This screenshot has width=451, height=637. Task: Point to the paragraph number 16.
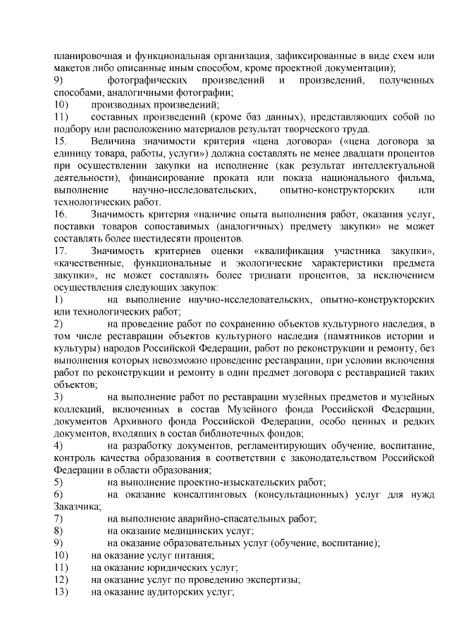pos(61,213)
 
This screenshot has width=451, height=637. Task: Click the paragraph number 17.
pos(61,250)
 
